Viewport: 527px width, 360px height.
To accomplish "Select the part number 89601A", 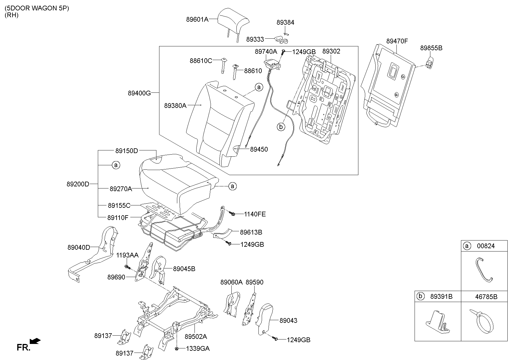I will coord(197,20).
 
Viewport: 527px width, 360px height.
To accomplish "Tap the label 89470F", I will coord(397,41).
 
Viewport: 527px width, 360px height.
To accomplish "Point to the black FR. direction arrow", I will coord(35,341).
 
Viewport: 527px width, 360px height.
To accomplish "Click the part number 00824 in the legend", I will coord(486,246).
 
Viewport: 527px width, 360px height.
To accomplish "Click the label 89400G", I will coord(139,93).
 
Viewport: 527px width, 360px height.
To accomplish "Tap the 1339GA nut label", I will coord(198,348).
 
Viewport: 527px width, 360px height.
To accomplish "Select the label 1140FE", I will coord(255,214).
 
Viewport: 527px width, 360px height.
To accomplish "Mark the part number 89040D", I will coord(79,247).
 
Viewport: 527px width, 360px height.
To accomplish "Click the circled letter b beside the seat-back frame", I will coord(281,127).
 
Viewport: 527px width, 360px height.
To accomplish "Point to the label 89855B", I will coord(431,48).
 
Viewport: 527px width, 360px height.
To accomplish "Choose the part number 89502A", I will coord(196,337).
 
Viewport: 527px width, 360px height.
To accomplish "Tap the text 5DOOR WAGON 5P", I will coord(37,8).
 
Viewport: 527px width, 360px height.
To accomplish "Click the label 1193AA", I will coord(127,255).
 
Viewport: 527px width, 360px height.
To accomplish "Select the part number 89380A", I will coord(175,106).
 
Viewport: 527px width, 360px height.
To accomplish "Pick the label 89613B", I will coord(251,232).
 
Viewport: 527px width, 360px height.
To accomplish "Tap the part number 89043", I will coord(288,320).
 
